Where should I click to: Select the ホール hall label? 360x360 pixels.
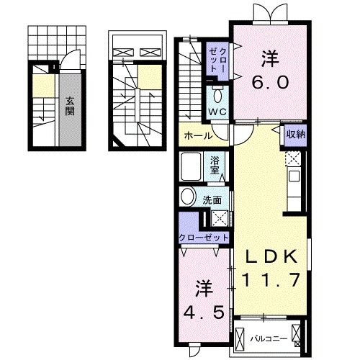click(x=197, y=135)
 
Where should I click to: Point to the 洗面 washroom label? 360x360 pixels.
click(x=211, y=199)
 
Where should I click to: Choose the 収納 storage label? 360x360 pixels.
click(x=293, y=134)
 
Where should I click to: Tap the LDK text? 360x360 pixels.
click(x=271, y=258)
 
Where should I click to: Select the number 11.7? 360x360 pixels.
click(x=271, y=279)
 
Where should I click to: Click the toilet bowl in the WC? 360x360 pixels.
click(x=217, y=95)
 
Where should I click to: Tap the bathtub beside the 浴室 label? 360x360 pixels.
click(x=193, y=167)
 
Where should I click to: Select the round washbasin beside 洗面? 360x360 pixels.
click(x=188, y=197)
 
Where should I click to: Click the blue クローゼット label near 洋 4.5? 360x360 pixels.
click(x=204, y=237)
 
